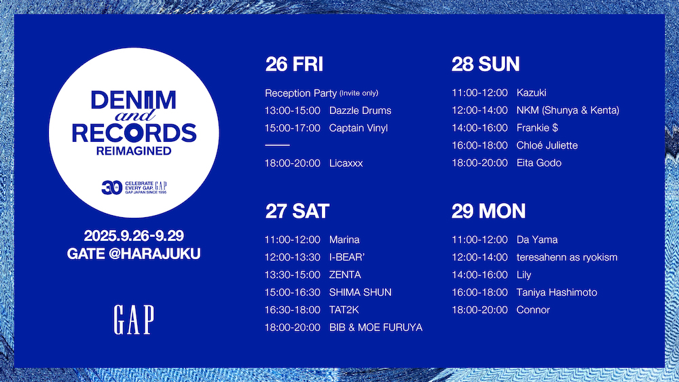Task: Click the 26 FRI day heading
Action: coord(294,64)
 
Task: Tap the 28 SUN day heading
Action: coord(485,64)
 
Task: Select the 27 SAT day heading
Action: coord(297,212)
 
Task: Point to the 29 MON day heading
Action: coord(488,212)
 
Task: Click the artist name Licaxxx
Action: coord(346,163)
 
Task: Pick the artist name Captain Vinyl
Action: coord(358,128)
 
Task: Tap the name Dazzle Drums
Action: coord(361,111)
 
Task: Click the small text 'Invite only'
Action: coord(359,93)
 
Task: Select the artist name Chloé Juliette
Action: coord(547,145)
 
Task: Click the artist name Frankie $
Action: coord(537,128)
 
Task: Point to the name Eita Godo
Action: coord(538,163)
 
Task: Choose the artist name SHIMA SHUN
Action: coord(361,292)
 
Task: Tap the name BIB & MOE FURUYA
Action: coord(376,328)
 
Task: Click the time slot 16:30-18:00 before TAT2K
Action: coord(293,310)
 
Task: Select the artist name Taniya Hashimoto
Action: coord(557,292)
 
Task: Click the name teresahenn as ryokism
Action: coord(567,257)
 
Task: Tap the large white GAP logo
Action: coord(134,320)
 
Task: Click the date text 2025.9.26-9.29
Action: coord(134,235)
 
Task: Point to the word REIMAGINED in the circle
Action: coord(134,151)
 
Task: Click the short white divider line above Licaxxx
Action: coord(277,145)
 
